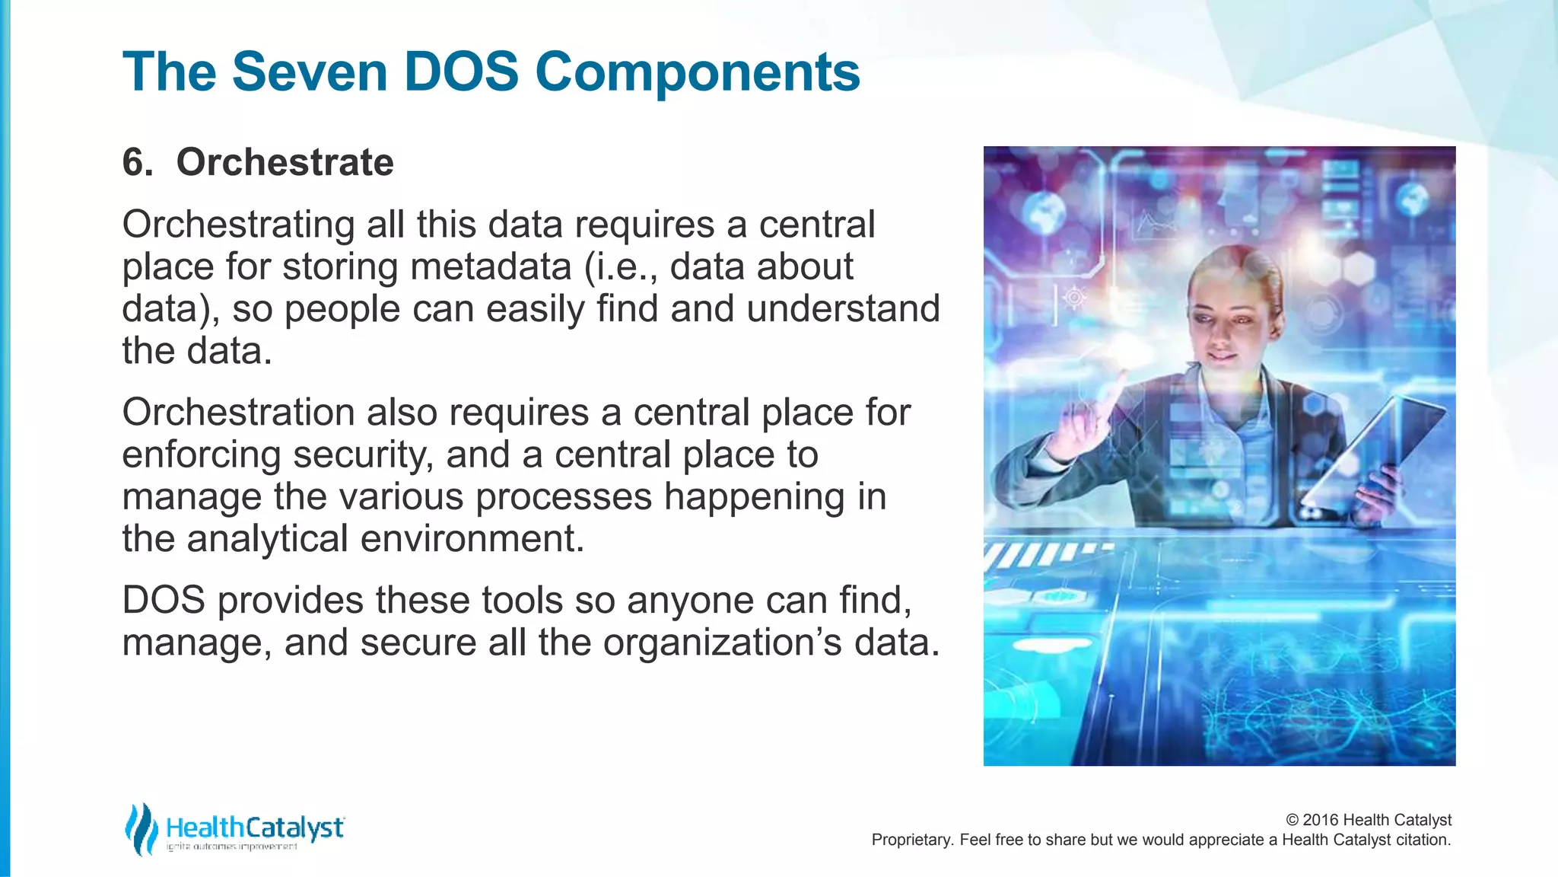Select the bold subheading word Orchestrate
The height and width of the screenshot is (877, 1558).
coord(285,162)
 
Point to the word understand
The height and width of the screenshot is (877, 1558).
coord(843,308)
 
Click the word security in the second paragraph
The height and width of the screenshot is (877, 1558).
coord(362,454)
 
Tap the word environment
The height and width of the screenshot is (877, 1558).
coord(472,538)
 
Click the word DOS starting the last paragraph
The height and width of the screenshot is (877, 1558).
coord(164,600)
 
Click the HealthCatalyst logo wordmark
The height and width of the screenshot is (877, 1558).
coord(255,827)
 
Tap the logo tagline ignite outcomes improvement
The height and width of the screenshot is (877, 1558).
coord(232,847)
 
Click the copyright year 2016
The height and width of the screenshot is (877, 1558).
coord(1320,820)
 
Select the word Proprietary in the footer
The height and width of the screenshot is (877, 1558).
coord(912,840)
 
